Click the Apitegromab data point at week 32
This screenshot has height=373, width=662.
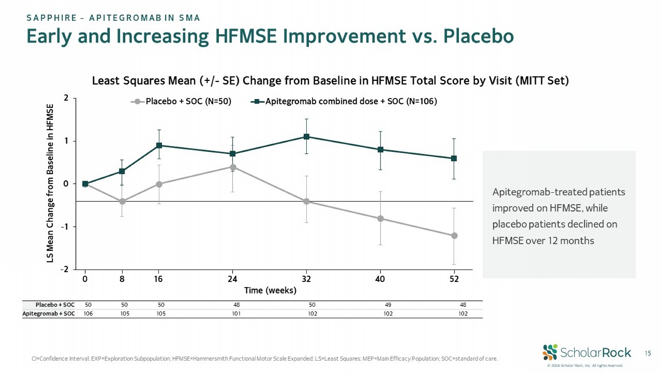coord(306,137)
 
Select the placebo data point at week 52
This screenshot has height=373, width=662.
coord(454,236)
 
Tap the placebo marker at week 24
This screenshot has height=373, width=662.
coord(233,167)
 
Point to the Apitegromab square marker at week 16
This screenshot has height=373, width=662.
coord(159,145)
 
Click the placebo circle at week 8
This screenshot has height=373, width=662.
coord(122,202)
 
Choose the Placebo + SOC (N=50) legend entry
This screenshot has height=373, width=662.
coord(181,102)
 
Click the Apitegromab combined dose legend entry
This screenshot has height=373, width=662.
coord(344,102)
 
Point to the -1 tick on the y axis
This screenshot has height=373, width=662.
coord(64,227)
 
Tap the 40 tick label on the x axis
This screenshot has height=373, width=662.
coord(380,279)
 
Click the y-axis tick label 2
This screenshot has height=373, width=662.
coord(66,98)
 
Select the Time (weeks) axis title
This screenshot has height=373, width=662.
coord(270,290)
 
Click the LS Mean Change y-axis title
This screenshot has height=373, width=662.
coord(50,183)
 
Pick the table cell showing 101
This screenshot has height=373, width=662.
coord(236,314)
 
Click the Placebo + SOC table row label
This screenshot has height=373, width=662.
coord(55,305)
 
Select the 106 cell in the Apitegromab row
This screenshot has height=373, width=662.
coord(88,314)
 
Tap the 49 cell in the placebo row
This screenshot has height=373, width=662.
coord(388,305)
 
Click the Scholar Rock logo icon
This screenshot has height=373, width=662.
coord(550,352)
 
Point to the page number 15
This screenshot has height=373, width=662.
coord(647,353)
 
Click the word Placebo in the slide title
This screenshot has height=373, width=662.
coord(478,36)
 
